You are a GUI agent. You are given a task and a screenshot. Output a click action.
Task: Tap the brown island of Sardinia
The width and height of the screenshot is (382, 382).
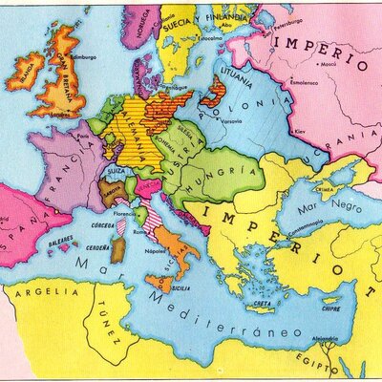[x=117, y=251]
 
